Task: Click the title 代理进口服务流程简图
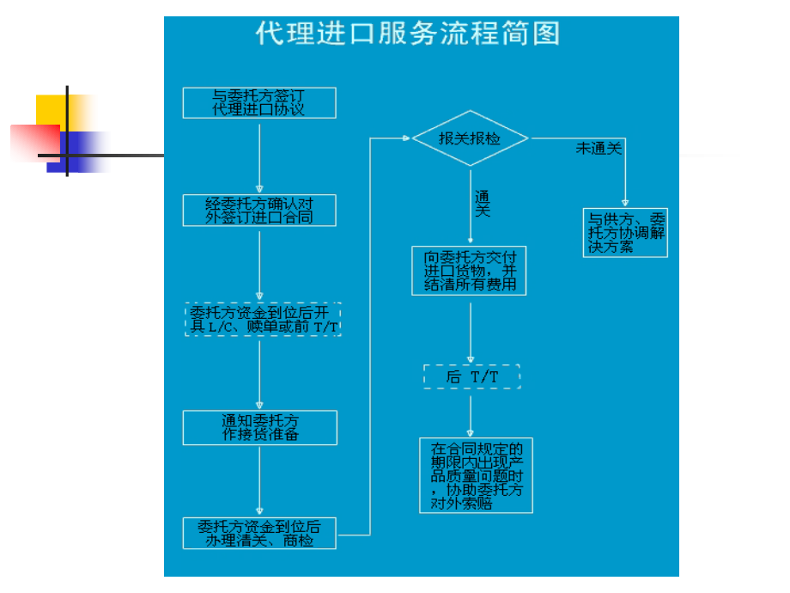pos(408,34)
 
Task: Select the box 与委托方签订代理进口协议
pos(259,103)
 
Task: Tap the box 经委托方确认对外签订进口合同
pos(259,211)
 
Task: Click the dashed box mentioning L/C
pos(263,319)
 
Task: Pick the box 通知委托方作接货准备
pos(259,427)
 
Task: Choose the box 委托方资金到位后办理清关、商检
pos(259,533)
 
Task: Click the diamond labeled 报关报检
pos(470,138)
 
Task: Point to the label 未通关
pos(599,149)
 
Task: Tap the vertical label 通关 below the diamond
pos(483,204)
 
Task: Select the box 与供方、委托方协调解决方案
pos(626,232)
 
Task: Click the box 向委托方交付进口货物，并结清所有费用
pos(470,271)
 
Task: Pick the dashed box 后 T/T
pos(471,376)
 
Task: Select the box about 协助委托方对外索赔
pos(476,475)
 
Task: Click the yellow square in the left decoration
pos(52,110)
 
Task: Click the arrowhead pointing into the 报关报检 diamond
pos(406,138)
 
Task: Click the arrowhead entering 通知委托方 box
pos(259,406)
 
